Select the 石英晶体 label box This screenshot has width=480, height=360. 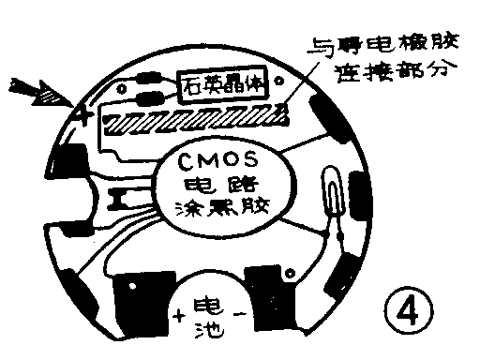click(x=223, y=86)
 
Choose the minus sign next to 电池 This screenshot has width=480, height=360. click(x=238, y=316)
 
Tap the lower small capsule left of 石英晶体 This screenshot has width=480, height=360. click(x=146, y=96)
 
